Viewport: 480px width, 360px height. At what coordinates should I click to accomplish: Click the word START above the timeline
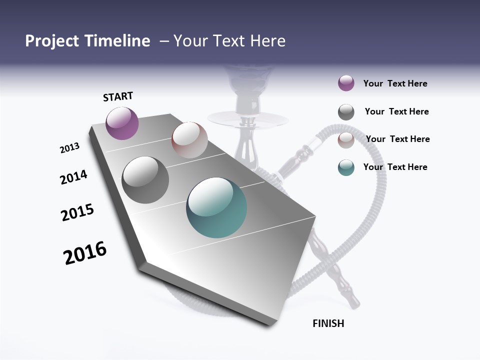click(118, 96)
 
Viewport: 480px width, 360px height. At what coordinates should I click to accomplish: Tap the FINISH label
click(328, 323)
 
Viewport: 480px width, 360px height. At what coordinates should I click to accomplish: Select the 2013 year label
click(69, 148)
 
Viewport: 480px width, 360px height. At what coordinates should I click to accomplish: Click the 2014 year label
click(73, 177)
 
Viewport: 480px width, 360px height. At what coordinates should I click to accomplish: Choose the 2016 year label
click(85, 253)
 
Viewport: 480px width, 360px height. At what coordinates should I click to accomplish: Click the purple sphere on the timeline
click(122, 123)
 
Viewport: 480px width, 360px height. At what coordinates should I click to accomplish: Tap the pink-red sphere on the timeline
click(189, 140)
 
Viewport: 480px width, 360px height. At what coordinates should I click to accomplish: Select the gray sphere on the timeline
click(145, 180)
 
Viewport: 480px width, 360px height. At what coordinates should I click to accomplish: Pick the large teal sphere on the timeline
click(216, 207)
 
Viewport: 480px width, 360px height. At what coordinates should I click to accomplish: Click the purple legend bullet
click(346, 83)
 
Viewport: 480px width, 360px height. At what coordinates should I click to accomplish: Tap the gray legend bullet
click(346, 112)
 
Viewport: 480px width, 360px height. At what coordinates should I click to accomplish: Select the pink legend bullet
click(346, 140)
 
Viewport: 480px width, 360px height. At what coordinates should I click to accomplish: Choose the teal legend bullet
click(346, 167)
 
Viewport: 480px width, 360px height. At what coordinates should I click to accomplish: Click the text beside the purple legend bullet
click(395, 83)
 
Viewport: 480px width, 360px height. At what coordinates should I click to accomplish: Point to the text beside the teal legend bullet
click(395, 167)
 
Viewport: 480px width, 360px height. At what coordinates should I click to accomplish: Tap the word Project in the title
click(51, 41)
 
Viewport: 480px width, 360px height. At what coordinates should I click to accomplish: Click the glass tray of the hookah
click(248, 119)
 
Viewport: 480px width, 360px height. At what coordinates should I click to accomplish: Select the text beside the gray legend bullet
click(396, 111)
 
